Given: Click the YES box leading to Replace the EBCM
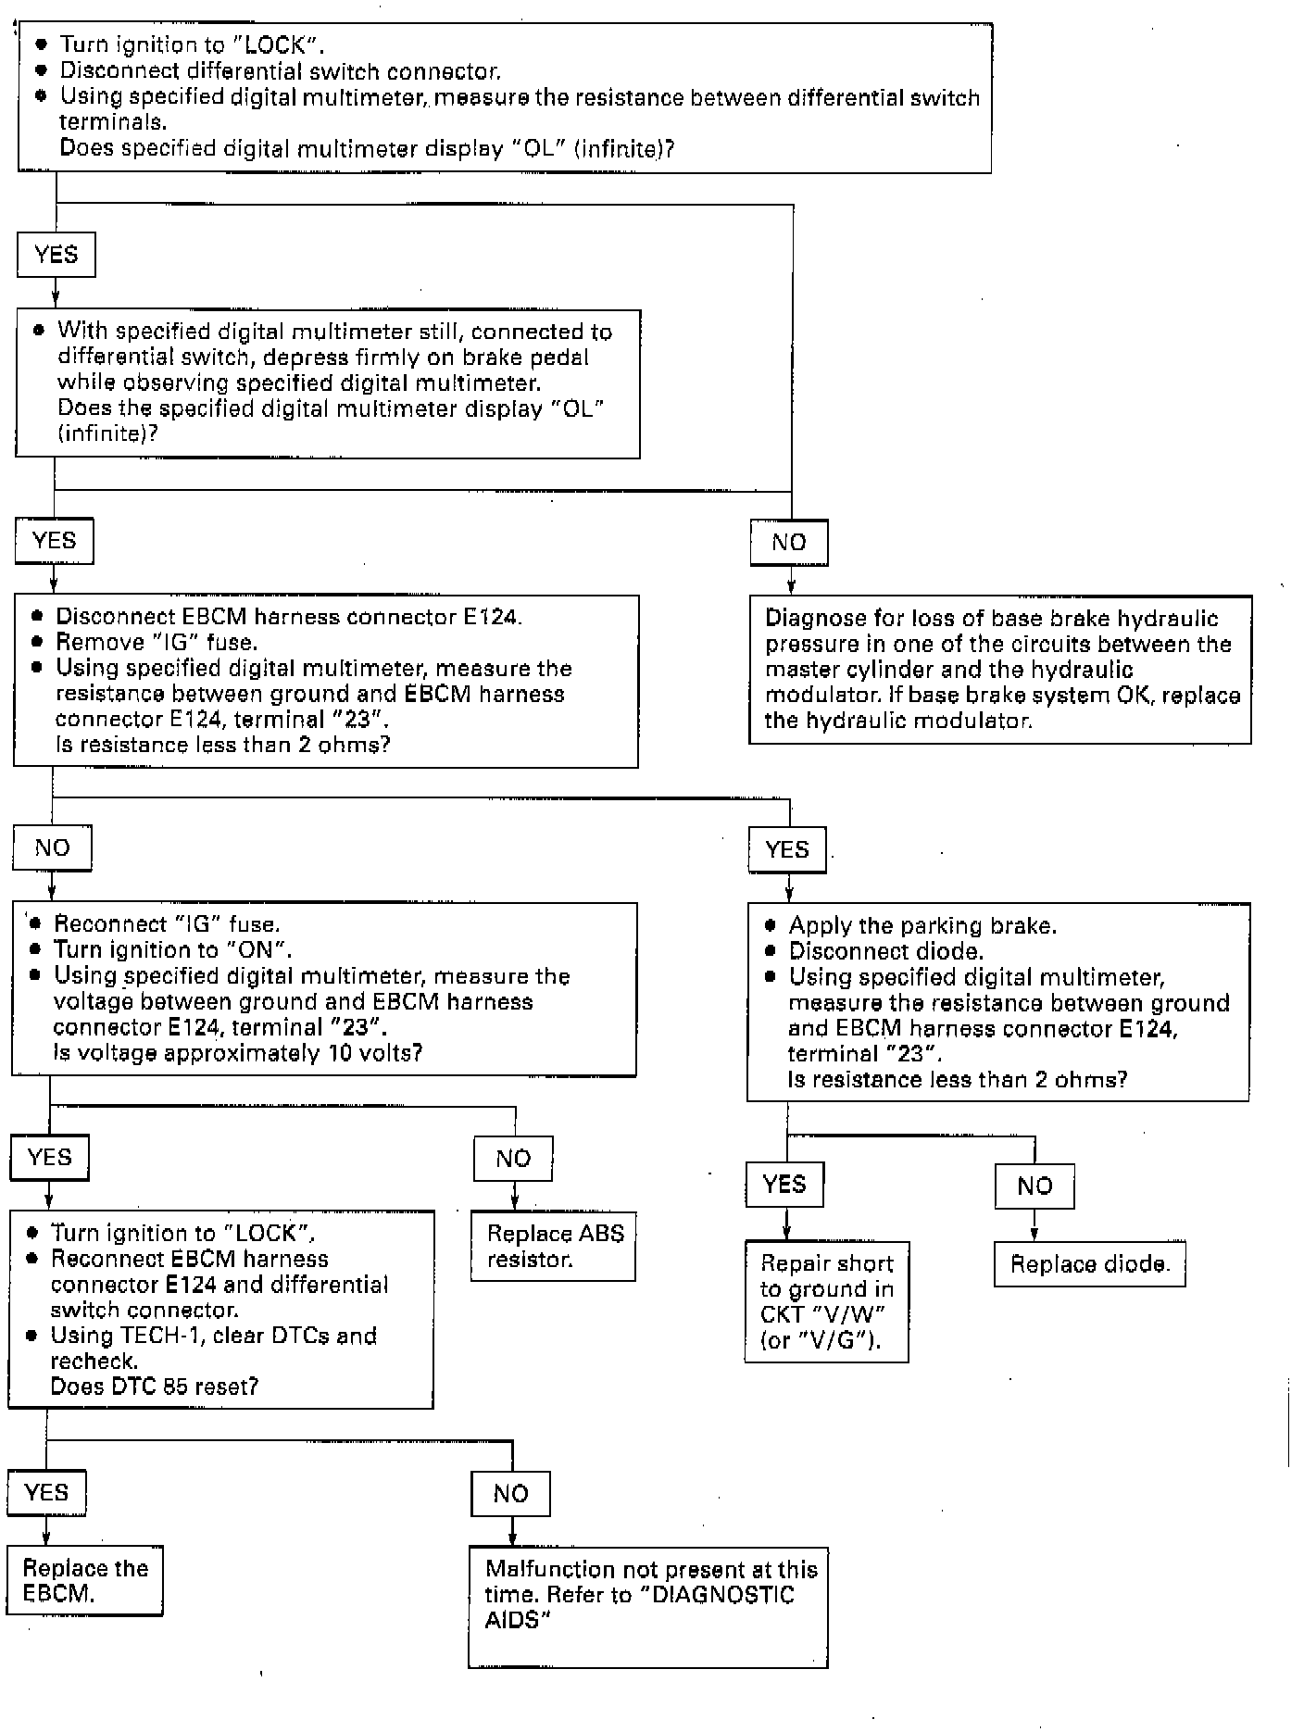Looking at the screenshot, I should tap(46, 1492).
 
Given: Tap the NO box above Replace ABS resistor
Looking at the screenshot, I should tap(513, 1159).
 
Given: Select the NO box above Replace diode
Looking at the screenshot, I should tap(1034, 1186).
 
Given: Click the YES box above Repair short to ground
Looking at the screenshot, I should tap(784, 1185).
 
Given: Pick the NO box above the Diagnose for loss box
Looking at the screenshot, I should tap(789, 543).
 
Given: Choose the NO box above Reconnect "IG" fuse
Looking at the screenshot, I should tap(52, 848).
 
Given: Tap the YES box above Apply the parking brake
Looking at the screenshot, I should tap(787, 849).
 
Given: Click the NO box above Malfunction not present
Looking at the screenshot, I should tap(510, 1494).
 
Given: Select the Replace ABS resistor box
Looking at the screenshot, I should tap(553, 1247).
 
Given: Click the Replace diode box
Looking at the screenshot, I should tap(1089, 1264).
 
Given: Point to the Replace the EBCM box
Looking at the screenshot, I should tap(84, 1581).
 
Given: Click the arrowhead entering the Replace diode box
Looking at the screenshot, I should tap(1034, 1236).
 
